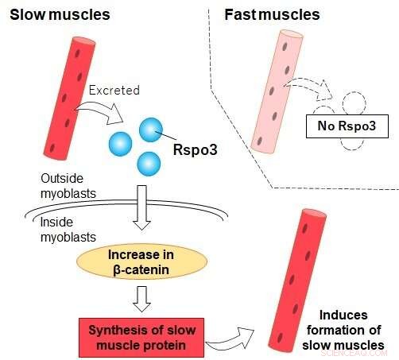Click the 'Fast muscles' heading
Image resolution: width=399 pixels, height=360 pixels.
click(272, 14)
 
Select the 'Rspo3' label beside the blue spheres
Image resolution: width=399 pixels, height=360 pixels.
click(191, 147)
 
